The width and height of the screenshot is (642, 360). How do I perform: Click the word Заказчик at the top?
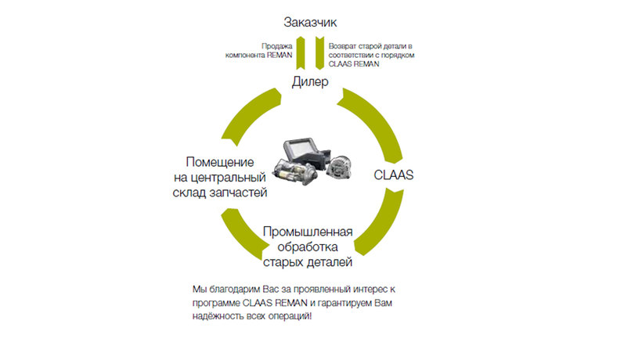pyautogui.click(x=310, y=22)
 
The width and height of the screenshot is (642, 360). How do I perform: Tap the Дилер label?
pyautogui.click(x=310, y=81)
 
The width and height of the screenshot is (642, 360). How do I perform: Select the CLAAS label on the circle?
pyautogui.click(x=394, y=175)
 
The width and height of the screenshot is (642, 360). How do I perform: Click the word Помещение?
pyautogui.click(x=220, y=162)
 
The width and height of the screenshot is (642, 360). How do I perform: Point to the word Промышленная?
pyautogui.click(x=308, y=232)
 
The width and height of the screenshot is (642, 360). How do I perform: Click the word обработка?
pyautogui.click(x=308, y=247)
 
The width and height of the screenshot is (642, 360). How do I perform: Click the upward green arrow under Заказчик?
pyautogui.click(x=301, y=53)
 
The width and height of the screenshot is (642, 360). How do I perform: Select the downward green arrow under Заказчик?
pyautogui.click(x=319, y=53)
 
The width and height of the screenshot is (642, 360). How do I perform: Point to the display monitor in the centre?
pyautogui.click(x=305, y=150)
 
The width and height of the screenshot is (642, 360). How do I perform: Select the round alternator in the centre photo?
pyautogui.click(x=339, y=167)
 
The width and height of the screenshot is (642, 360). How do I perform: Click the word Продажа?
pyautogui.click(x=277, y=46)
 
